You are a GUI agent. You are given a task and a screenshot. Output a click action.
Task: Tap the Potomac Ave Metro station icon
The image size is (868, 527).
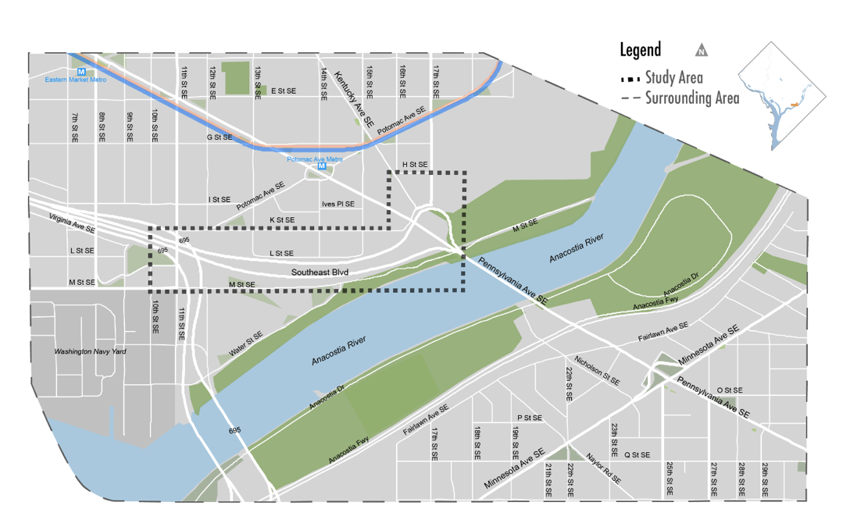(321, 167)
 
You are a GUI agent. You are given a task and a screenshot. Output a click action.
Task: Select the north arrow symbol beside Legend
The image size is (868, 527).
(702, 52)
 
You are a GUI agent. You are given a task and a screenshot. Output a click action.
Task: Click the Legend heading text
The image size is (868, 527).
(640, 50)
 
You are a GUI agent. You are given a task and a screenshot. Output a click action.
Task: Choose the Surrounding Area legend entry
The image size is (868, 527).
(680, 98)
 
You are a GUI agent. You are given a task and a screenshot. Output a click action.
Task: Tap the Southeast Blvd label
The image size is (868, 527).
(320, 272)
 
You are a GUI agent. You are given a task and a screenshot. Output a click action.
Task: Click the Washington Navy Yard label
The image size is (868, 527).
(90, 352)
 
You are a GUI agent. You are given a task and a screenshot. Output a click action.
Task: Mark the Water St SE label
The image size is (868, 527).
(246, 344)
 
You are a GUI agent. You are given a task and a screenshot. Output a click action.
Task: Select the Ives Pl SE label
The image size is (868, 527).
(338, 204)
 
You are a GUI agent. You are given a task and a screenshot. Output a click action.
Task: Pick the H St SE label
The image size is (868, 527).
(415, 165)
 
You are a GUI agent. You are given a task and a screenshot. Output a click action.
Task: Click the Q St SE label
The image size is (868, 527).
(637, 454)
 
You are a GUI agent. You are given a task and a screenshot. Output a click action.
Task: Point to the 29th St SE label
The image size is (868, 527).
(764, 480)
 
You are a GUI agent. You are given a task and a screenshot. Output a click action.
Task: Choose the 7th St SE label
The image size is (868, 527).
(75, 127)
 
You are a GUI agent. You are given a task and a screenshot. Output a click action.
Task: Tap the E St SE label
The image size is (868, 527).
(284, 91)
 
